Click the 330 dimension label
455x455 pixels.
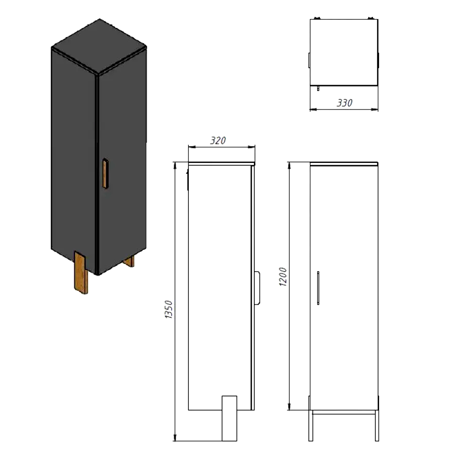[344, 103]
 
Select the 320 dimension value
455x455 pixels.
[218, 141]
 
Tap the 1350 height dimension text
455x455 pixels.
[169, 309]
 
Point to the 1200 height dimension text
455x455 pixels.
[283, 277]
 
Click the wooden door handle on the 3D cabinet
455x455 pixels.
[106, 174]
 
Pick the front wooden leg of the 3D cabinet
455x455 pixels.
[81, 273]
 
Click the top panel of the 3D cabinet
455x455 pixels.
[99, 46]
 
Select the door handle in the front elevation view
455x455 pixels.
[318, 288]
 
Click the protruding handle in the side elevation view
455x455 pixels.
[257, 288]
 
